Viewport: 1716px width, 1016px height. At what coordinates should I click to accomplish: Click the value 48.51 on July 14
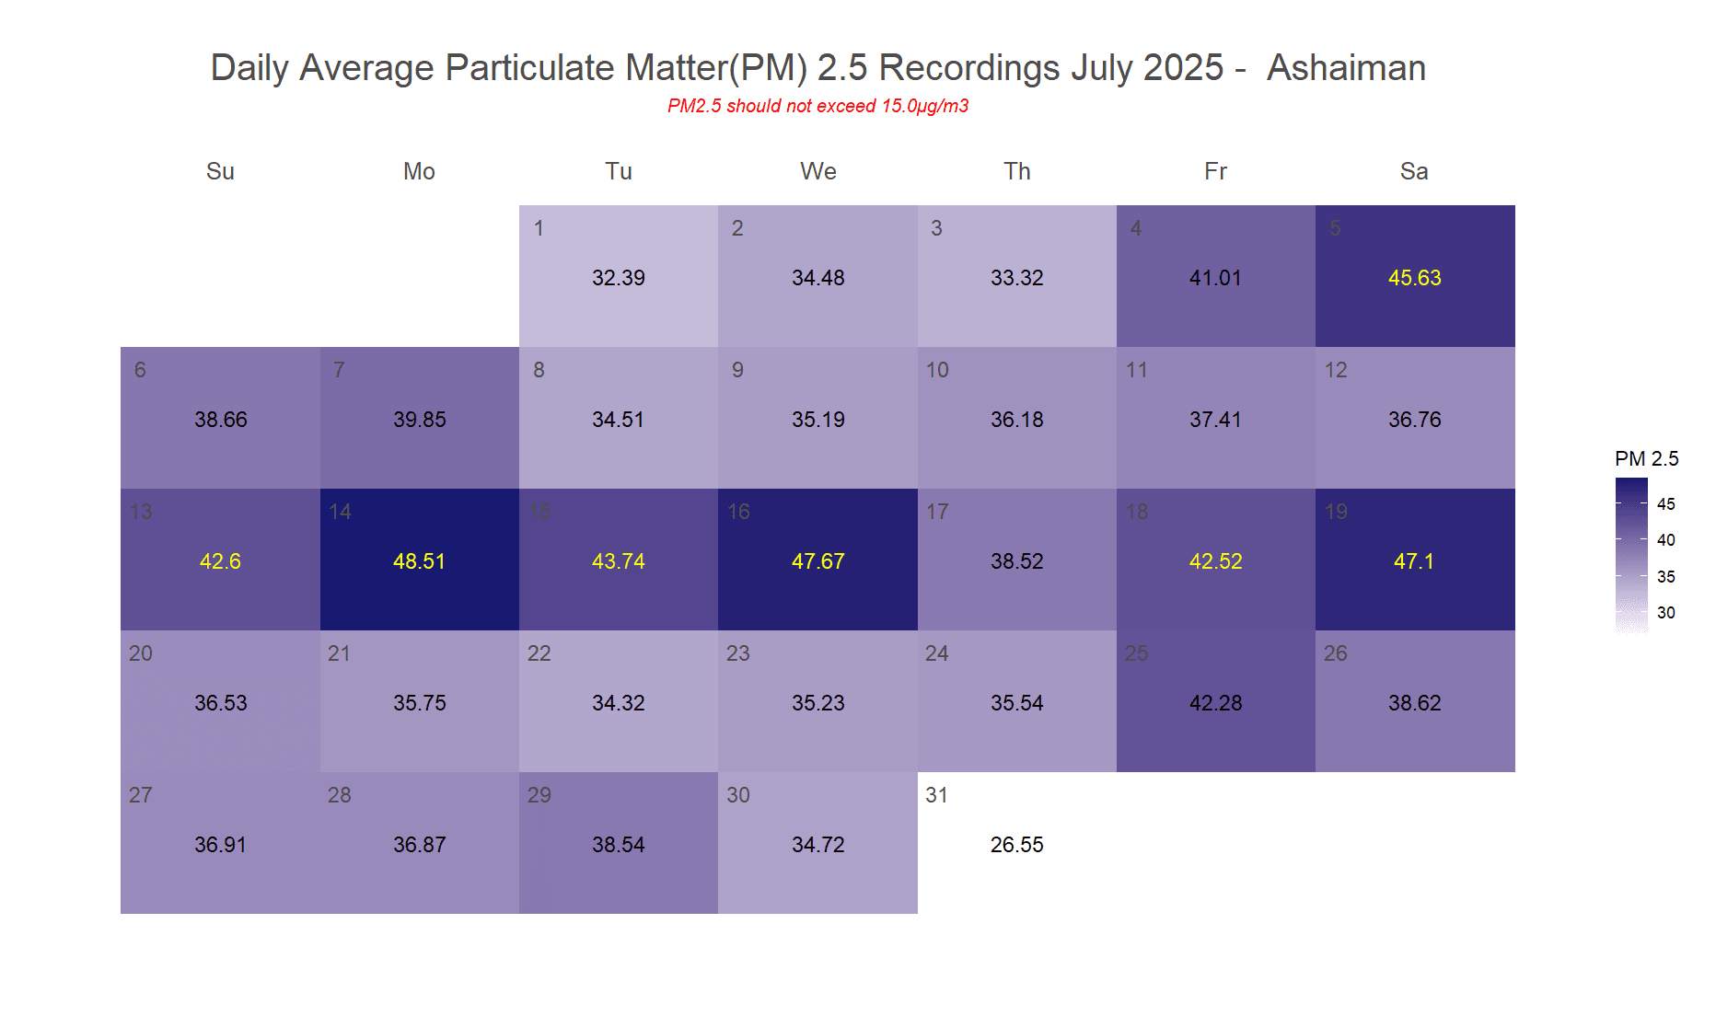[419, 561]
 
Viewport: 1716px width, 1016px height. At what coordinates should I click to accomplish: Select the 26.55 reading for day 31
[1016, 845]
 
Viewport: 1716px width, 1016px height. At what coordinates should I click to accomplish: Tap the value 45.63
[1414, 278]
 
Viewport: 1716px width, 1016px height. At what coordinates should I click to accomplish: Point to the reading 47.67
[817, 561]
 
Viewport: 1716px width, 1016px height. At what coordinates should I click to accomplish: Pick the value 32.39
[618, 278]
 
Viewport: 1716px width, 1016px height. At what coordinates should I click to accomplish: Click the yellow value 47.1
[1414, 561]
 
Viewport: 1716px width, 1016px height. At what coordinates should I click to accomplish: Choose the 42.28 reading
[1215, 703]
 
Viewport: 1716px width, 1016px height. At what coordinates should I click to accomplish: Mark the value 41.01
[1215, 278]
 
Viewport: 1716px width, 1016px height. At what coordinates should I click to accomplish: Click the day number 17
[937, 512]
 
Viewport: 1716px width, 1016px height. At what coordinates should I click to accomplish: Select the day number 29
[539, 795]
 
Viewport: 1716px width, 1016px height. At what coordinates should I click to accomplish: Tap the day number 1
[539, 228]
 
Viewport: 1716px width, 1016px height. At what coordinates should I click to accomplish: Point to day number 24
[936, 653]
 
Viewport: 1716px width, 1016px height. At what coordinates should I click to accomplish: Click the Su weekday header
[220, 171]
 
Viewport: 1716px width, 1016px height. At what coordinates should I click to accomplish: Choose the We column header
[817, 171]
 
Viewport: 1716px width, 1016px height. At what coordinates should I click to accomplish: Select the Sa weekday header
[1414, 171]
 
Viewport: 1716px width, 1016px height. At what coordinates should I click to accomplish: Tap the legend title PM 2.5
[1646, 458]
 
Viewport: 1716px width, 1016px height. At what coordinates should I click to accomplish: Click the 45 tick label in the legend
[1665, 503]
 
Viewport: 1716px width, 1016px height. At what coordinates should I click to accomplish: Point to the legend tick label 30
[1665, 612]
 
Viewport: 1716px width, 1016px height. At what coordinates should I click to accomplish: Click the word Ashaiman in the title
[1346, 68]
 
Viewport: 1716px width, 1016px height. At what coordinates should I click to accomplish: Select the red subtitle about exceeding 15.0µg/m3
[817, 106]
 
